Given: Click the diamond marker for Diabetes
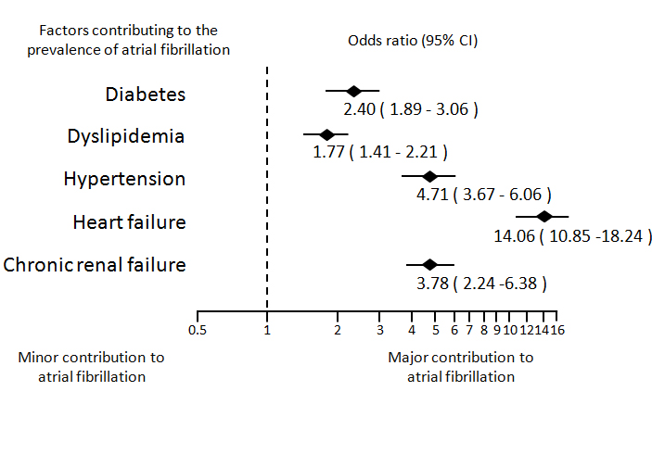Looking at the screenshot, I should pos(352,91).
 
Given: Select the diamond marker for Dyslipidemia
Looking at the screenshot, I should pos(326,134).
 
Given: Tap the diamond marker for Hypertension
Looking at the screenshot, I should pos(428,176).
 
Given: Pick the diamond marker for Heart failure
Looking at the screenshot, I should pos(543,218).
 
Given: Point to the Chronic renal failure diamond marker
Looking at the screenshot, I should pos(429,264).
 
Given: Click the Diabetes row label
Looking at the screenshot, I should pos(145,95).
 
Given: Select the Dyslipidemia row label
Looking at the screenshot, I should pos(126,137).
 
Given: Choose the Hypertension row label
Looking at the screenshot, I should pos(124,179).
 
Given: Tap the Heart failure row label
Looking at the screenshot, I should pos(129,222).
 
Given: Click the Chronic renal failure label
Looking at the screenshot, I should pos(95,265).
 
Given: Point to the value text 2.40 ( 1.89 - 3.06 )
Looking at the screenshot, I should pos(410,109).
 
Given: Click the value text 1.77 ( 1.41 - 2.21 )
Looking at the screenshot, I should pos(380,152).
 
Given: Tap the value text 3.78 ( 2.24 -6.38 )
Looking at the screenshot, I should pos(481,282).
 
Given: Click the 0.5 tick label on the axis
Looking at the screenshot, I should pos(197,330).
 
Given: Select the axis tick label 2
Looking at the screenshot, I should pos(338,330).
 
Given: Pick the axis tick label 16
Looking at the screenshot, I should pos(558,330).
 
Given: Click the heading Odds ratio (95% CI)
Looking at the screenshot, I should pos(413,41).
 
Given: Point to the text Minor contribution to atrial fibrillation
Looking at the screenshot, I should pos(92,367).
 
